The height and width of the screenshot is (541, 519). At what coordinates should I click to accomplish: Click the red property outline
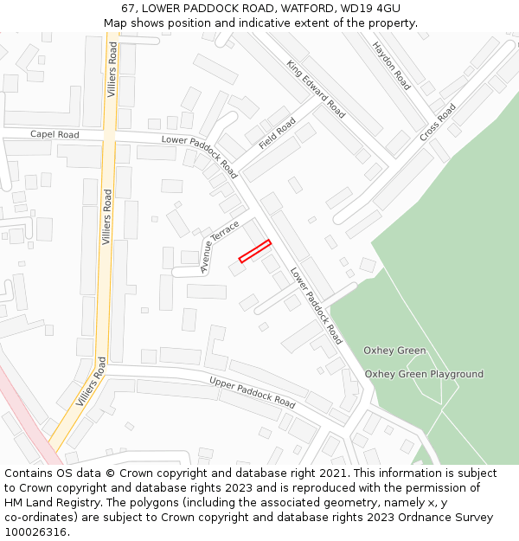coord(255,250)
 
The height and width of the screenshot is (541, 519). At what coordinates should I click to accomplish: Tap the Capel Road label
coord(54,135)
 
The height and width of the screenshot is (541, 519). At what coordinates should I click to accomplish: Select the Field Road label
coord(277,132)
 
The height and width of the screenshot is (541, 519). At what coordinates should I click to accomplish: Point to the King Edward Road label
coord(316,89)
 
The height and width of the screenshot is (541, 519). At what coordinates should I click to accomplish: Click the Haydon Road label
coord(391,66)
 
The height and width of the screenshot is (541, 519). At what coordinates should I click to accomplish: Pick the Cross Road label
coord(438,124)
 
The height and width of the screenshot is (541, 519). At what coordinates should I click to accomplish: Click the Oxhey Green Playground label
coord(424,374)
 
